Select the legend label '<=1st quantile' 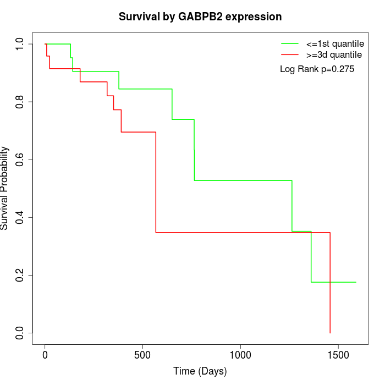click(335, 44)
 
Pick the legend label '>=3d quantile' click(334, 55)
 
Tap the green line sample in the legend click(290, 43)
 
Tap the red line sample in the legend click(290, 54)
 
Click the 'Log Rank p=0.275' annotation click(317, 69)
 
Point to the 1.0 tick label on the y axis click(19, 44)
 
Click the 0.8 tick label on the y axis click(19, 102)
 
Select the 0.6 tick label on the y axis click(19, 159)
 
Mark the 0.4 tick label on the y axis click(19, 218)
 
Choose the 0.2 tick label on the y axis click(19, 275)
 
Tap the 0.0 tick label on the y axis click(19, 333)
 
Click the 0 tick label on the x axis click(45, 355)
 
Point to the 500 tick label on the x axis click(142, 355)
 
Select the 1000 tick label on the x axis click(240, 355)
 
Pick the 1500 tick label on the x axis click(338, 355)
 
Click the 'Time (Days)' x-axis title click(200, 371)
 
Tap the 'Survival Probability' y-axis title click(4, 188)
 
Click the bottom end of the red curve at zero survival click(330, 333)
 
